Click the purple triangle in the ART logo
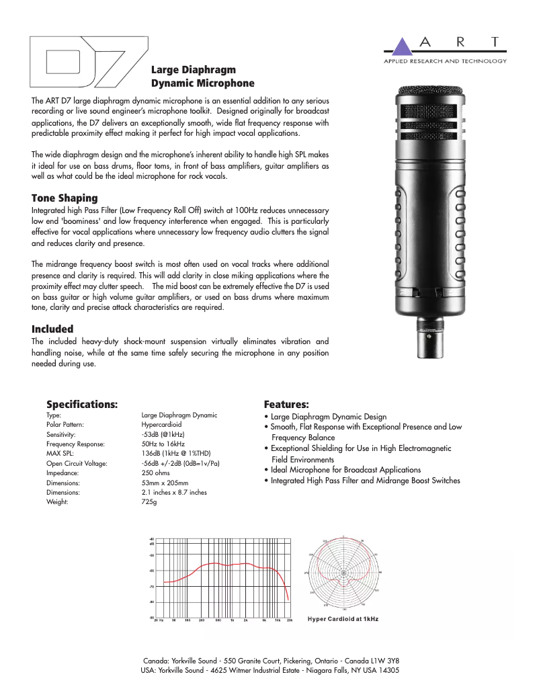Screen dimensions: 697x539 (401, 46)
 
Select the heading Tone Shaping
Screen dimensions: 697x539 (65, 198)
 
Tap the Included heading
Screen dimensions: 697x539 (52, 329)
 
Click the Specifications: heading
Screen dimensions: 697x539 (82, 404)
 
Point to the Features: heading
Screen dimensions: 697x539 (286, 404)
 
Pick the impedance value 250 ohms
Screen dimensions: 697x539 (155, 473)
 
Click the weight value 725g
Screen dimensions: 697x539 (149, 502)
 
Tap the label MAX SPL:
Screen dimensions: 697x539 (61, 454)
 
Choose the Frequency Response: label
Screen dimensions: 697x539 (75, 444)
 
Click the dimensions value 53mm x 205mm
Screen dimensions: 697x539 (165, 483)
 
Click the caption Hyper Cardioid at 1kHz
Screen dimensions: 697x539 (343, 618)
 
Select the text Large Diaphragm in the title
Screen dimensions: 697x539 (194, 70)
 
